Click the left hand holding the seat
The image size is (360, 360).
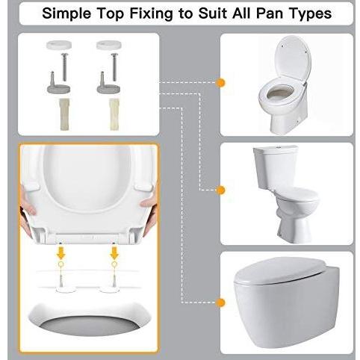click(26, 205)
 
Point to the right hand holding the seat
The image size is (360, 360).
click(149, 204)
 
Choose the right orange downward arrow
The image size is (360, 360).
click(115, 255)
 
